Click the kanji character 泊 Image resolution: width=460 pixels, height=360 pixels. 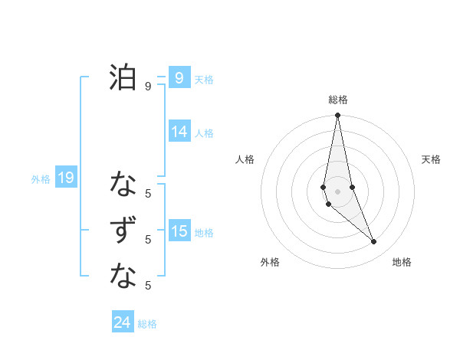123,77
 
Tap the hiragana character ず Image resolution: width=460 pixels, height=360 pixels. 123,231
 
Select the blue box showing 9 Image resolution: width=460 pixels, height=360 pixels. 179,78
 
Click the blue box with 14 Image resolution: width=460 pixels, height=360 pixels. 179,132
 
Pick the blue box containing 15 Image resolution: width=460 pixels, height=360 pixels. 179,231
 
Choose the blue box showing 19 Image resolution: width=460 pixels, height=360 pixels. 66,178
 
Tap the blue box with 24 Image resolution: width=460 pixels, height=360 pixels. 123,322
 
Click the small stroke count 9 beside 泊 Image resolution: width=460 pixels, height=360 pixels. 148,87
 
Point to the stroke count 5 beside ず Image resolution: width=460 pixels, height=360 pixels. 148,240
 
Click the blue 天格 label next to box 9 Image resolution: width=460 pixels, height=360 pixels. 204,79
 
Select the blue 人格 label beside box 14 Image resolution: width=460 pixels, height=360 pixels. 204,133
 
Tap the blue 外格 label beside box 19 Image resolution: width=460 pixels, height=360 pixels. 41,179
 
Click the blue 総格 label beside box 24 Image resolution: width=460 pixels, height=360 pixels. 147,324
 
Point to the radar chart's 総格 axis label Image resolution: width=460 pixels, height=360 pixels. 338,100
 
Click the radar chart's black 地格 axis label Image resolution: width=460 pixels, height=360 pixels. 402,262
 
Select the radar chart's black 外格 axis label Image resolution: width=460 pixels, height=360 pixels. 270,262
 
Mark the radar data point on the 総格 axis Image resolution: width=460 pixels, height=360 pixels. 338,116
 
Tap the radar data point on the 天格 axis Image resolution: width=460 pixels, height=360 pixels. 352,187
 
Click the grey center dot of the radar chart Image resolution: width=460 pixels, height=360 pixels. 338,191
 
